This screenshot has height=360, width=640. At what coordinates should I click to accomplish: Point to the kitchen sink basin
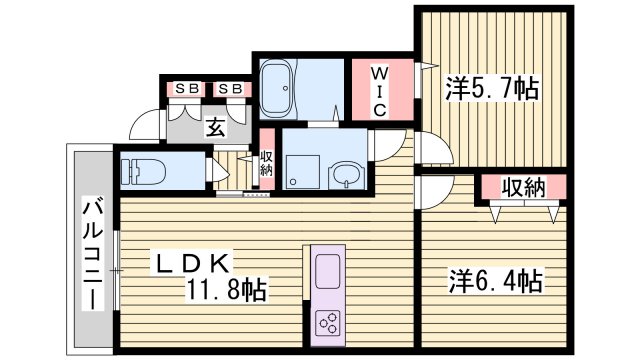[329, 272]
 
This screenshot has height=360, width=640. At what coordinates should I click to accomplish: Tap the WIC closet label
[380, 91]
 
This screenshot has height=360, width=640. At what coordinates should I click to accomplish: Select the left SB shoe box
[185, 89]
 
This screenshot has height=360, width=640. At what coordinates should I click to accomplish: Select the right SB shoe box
[231, 89]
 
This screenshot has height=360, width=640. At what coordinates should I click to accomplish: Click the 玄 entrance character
[215, 127]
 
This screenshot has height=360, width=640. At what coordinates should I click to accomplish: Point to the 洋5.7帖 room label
[491, 89]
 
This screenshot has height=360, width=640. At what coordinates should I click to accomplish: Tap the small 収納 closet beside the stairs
[266, 163]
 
